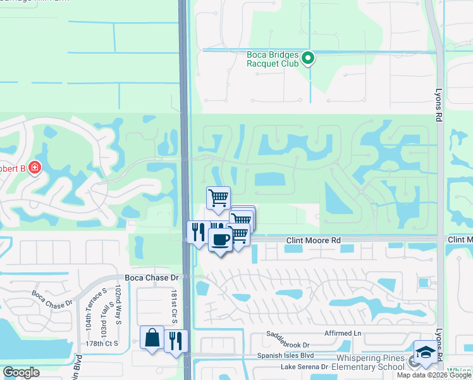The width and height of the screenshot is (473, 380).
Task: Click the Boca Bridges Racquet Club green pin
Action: pos(308,59)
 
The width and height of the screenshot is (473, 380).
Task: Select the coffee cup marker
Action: pos(220,240)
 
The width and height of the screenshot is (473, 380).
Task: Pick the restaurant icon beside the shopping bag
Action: pos(176,340)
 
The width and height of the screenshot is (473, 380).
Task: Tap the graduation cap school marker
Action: pos(426,352)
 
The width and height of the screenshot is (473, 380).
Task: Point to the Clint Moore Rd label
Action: pos(313,241)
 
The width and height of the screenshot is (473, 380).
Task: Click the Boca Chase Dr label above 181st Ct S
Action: pos(152,278)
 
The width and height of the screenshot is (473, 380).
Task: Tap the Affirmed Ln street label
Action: pos(340,333)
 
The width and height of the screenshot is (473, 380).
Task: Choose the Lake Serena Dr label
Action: pos(305,367)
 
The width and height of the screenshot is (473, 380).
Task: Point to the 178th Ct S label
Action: pos(102,343)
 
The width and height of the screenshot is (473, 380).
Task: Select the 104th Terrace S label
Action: pos(89,315)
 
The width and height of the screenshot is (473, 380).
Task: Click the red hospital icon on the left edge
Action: pos(34,168)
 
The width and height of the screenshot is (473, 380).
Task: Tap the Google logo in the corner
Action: pos(21,372)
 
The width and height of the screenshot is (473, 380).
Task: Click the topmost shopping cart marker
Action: pos(218,198)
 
